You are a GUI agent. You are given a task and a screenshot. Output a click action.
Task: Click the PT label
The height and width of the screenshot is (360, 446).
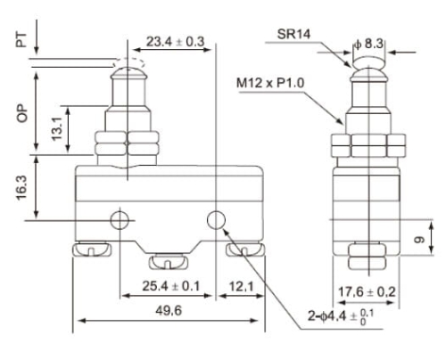[21, 40]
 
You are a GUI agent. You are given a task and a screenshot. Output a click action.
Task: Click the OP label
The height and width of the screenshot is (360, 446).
[22, 113]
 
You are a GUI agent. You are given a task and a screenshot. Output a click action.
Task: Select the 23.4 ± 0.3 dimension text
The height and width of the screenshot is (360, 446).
[176, 42]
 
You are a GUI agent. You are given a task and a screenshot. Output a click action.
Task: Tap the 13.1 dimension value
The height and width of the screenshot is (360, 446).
[57, 128]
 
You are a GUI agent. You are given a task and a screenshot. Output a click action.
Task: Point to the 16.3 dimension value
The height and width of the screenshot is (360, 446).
[22, 188]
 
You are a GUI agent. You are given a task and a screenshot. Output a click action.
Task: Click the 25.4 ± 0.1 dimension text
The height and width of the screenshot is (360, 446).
[171, 286]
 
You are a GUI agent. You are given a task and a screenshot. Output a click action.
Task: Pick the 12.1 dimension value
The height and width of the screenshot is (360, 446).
[241, 287]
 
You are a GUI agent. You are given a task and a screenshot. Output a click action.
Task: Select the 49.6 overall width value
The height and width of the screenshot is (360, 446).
[169, 311]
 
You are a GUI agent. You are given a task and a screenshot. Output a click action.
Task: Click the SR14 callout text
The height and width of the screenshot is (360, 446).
[293, 34]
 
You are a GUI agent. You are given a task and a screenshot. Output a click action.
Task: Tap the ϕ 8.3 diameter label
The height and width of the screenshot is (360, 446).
[368, 44]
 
